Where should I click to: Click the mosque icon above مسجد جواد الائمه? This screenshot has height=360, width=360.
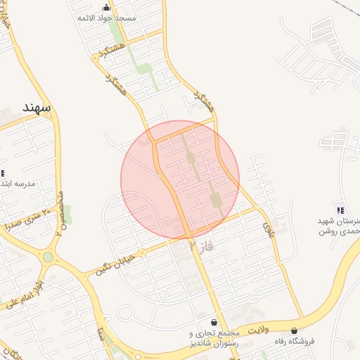(107, 8)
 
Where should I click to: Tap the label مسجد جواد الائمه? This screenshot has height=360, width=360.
(107, 18)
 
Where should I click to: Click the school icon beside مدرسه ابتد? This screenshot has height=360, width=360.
(2, 173)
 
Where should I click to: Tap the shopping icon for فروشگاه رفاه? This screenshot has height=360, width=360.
(294, 330)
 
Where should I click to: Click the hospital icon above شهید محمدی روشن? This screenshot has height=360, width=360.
(340, 210)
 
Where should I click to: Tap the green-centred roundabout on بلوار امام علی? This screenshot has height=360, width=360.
(48, 257)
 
